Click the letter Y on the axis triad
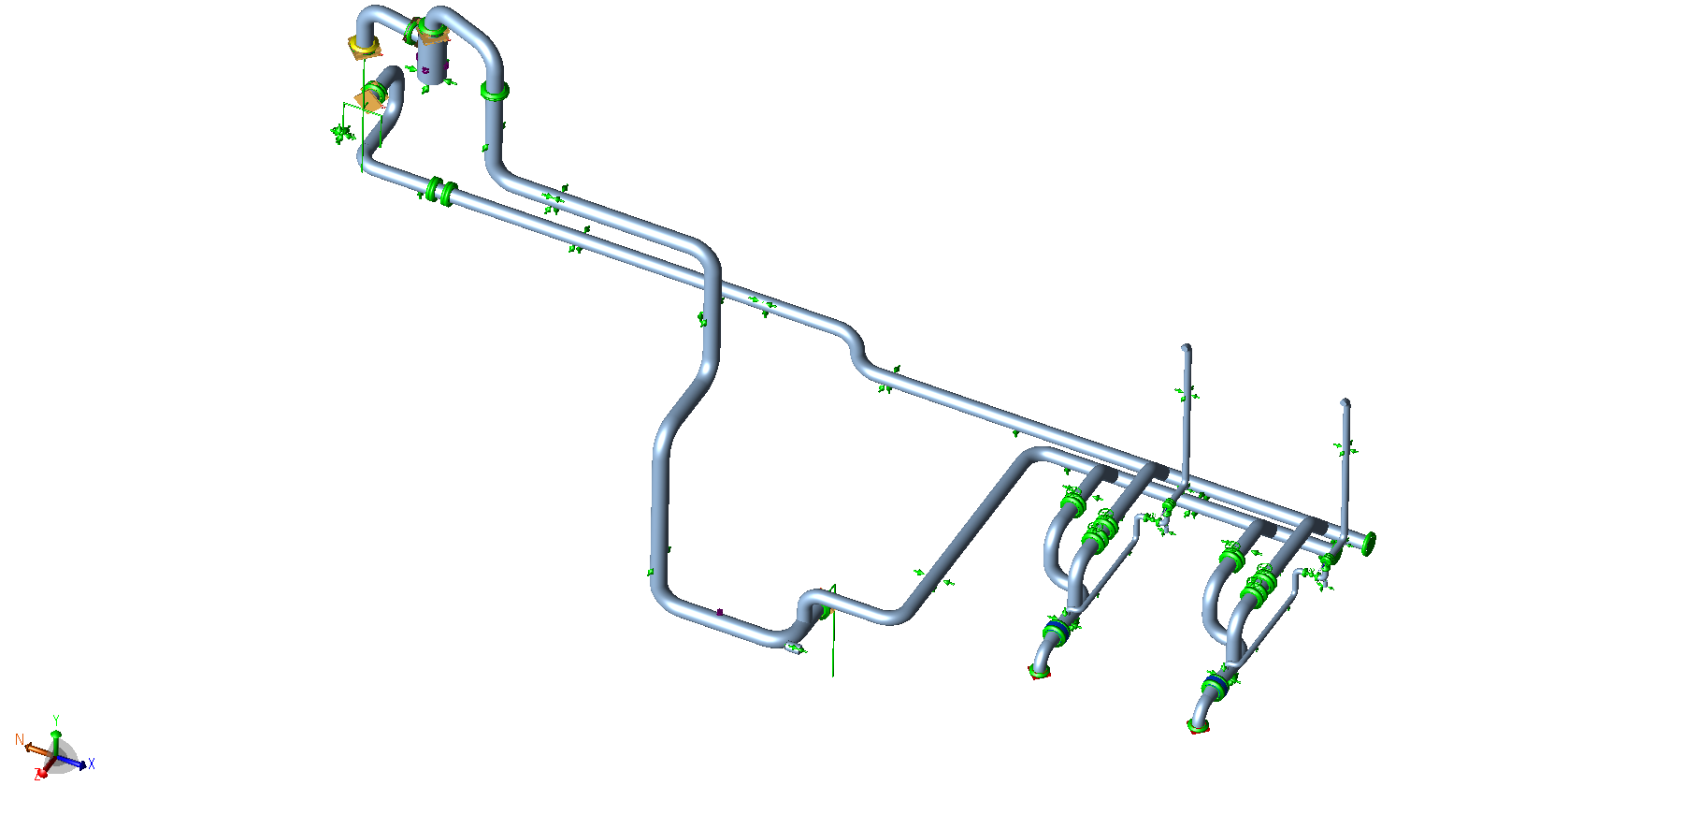[x=56, y=720]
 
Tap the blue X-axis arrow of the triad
[x=76, y=761]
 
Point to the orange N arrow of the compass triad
[x=37, y=750]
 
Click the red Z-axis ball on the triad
[x=42, y=773]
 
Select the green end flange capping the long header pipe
[x=1369, y=543]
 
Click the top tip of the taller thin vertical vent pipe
[x=1187, y=348]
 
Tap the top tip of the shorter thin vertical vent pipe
[x=1345, y=402]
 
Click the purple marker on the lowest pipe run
[x=720, y=612]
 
